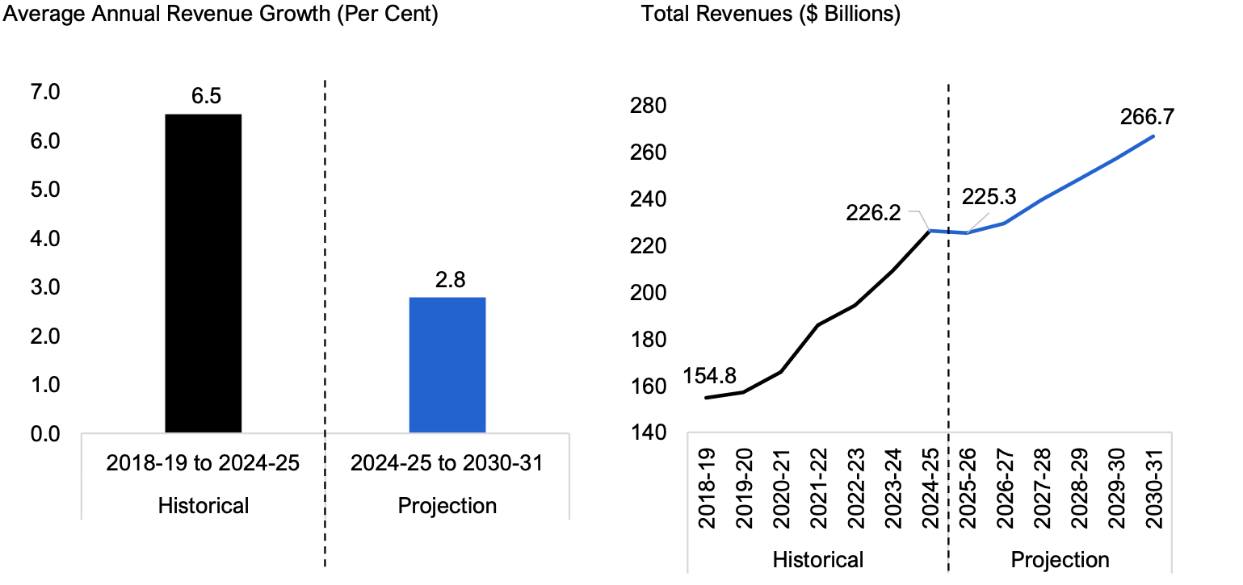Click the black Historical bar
tap(203, 274)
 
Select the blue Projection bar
tap(447, 365)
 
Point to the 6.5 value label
tap(206, 96)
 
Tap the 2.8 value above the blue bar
tap(450, 280)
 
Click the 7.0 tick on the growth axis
tap(45, 92)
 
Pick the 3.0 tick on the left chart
tap(45, 287)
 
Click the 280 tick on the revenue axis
tap(648, 106)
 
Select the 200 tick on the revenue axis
tap(648, 293)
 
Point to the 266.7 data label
tap(1147, 117)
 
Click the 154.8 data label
tap(709, 376)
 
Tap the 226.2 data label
tap(873, 213)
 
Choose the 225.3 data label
tap(989, 197)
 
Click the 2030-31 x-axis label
tap(1153, 488)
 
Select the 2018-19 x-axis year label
tap(707, 488)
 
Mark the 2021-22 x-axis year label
tap(818, 488)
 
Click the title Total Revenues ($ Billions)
tap(771, 14)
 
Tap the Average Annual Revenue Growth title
tap(220, 14)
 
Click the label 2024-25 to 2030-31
tap(447, 463)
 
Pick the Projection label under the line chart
tap(1060, 560)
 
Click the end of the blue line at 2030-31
tap(1153, 136)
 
